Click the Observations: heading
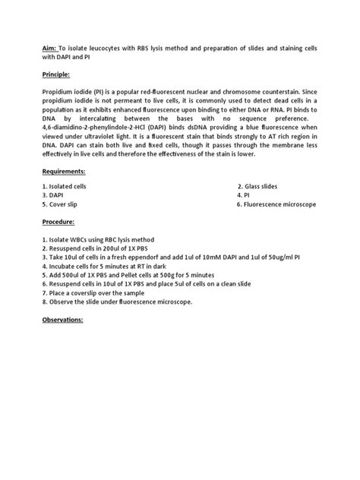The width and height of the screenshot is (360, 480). click(x=67, y=319)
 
